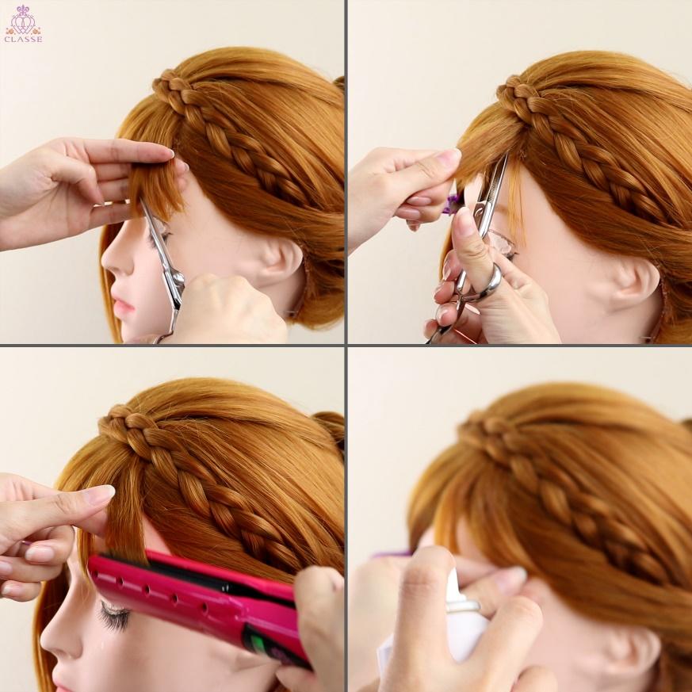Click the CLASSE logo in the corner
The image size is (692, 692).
(24, 24)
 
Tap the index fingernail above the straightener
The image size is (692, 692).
(100, 495)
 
